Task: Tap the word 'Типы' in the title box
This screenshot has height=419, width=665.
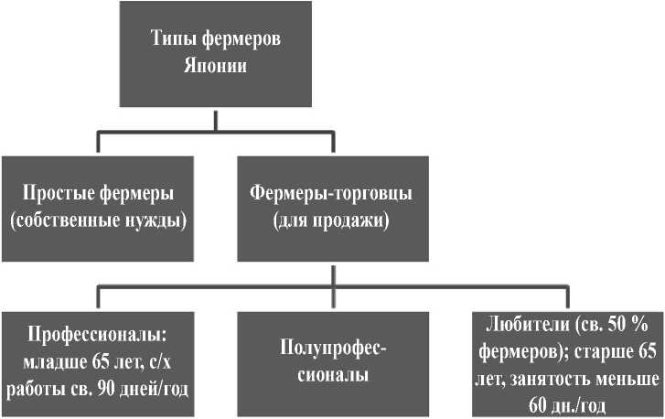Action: [171, 41]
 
